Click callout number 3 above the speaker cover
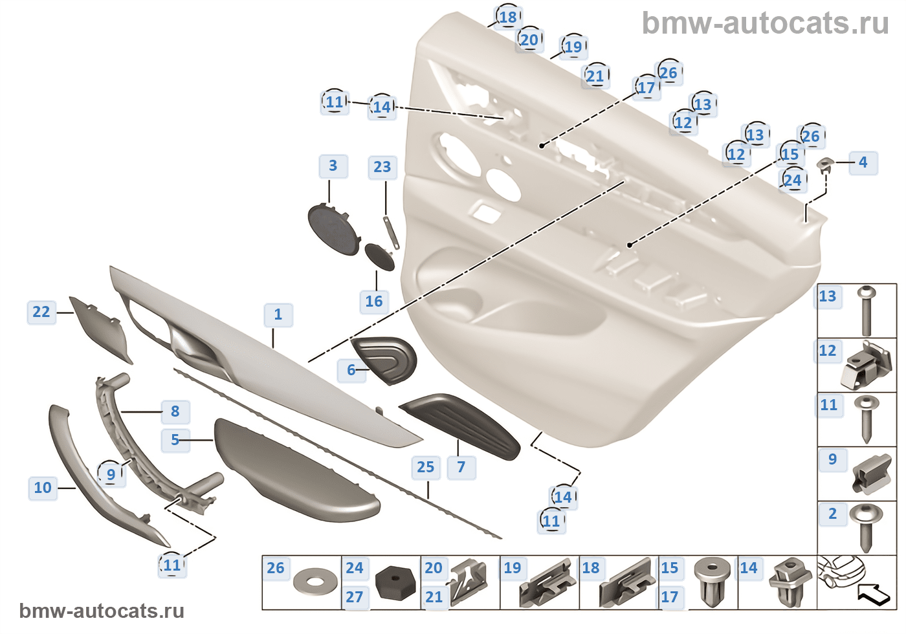[333, 166]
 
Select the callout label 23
[382, 168]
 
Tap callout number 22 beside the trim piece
[41, 312]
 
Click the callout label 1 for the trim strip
[278, 315]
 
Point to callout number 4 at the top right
[863, 162]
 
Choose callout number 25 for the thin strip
[425, 467]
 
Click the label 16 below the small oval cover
[374, 301]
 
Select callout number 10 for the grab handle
[43, 488]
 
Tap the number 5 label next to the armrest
[175, 440]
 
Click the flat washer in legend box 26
[315, 582]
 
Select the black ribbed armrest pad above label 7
[461, 424]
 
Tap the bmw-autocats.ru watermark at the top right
[765, 23]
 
